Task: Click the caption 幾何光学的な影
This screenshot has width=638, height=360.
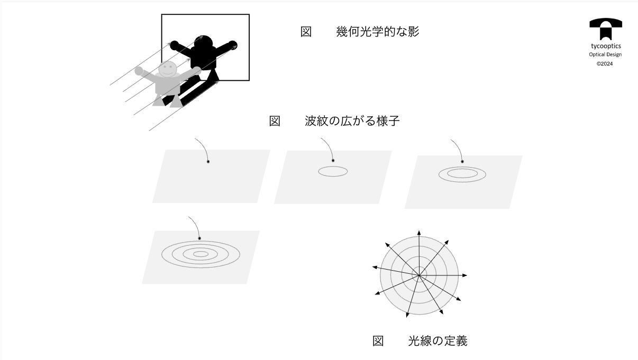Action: click(x=377, y=32)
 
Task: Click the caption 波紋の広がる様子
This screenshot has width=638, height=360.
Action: click(x=352, y=121)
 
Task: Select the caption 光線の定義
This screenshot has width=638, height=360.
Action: click(x=438, y=341)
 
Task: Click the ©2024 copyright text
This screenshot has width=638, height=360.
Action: click(x=605, y=63)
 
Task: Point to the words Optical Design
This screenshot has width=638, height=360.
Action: click(x=605, y=55)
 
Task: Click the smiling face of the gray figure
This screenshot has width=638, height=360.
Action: click(x=168, y=69)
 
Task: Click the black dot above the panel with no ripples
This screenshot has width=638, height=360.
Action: click(x=208, y=162)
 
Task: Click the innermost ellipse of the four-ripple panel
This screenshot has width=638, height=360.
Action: click(x=200, y=254)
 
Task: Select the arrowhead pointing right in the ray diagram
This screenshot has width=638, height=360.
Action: click(x=464, y=275)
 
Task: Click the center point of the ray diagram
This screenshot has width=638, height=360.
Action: click(x=419, y=275)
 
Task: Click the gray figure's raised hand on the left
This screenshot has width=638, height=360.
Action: click(x=139, y=70)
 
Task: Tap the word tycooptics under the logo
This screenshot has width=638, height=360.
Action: click(x=605, y=47)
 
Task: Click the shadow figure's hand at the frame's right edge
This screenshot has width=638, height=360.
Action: click(x=233, y=44)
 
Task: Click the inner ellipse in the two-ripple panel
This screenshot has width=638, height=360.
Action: click(x=462, y=173)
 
